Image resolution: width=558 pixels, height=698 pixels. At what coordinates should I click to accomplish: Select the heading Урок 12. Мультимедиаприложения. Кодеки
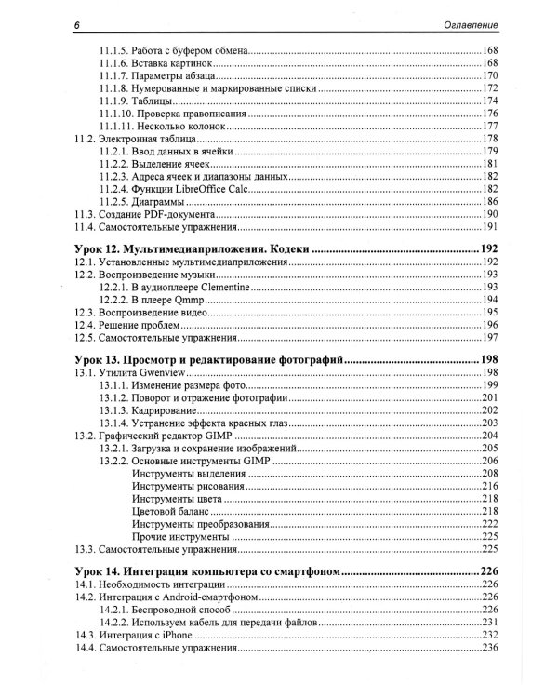[x=191, y=249]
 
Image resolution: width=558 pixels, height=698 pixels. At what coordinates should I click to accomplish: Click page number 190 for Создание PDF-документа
[x=490, y=214]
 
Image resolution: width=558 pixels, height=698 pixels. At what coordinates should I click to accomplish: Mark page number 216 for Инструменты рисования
[x=490, y=486]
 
